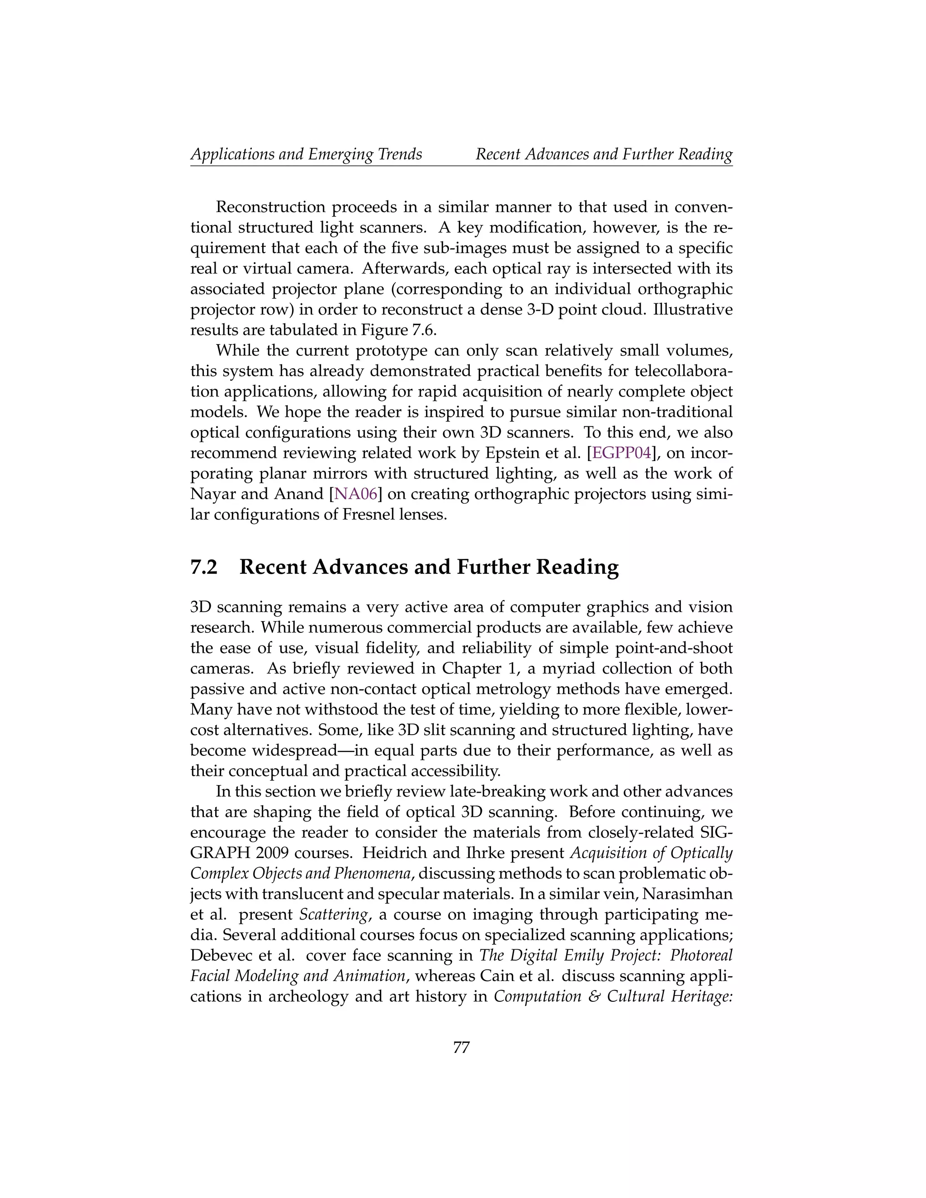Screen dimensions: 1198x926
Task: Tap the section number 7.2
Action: (x=204, y=566)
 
